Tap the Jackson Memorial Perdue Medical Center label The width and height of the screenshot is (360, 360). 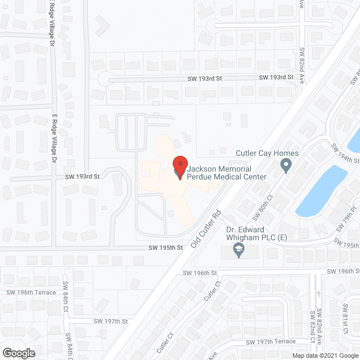227,172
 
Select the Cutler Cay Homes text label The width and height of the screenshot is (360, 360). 267,153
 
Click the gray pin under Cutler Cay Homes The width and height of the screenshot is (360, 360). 286,166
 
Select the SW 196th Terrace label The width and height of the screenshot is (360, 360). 31,292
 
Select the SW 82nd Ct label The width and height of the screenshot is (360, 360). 313,325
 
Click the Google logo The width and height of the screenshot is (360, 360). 19,353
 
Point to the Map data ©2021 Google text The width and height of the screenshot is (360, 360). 325,355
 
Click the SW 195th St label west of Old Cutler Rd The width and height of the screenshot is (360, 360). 166,247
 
